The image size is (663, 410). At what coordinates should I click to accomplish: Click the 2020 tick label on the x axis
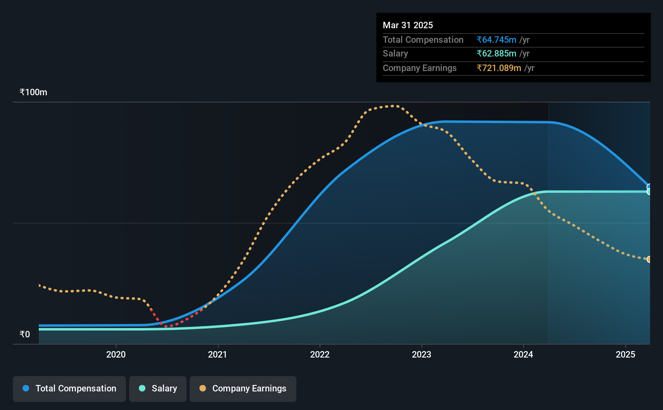coord(116,354)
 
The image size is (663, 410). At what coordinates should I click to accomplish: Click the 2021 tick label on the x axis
coord(218,354)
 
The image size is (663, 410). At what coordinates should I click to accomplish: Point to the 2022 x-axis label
coord(320,354)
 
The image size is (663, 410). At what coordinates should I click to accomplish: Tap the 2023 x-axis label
coord(422,354)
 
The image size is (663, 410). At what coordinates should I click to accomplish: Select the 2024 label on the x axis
coord(523,354)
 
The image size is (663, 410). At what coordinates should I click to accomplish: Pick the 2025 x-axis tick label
coord(625,354)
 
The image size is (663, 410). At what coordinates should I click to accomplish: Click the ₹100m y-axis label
coord(34,92)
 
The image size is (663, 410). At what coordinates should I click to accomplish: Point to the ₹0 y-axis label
coord(25,334)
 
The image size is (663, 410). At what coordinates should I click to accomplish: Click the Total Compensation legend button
coord(69,389)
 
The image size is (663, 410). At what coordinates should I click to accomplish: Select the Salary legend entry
coord(158,389)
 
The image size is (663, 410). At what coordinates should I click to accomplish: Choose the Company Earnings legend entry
coord(243,389)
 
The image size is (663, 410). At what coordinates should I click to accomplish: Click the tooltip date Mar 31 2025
coord(407,25)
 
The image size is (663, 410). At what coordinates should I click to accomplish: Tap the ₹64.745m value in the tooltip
coord(496,40)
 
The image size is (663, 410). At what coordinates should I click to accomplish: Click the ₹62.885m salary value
coord(496,54)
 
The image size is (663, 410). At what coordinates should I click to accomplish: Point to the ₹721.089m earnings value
coord(499,68)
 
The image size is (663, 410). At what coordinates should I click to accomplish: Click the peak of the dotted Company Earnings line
coord(392,106)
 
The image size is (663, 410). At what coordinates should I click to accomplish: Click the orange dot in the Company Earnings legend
coord(202,388)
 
